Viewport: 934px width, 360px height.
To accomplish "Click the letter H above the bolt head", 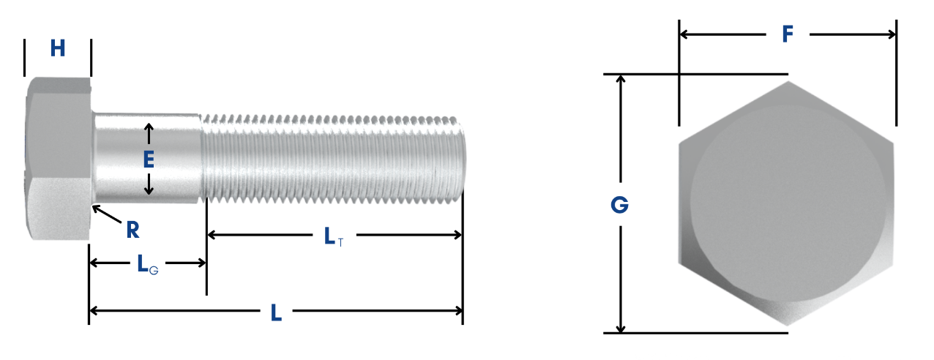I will (58, 49).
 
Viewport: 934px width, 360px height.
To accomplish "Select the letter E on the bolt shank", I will (149, 160).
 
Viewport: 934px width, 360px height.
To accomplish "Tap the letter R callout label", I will (132, 230).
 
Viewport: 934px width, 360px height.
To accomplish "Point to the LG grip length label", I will (147, 265).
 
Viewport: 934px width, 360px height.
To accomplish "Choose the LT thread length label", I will (333, 236).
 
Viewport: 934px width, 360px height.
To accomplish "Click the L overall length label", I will (276, 313).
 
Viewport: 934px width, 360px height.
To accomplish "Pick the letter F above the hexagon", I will (788, 34).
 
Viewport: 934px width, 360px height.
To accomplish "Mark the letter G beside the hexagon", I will (619, 206).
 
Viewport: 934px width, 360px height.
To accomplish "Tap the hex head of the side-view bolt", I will (59, 157).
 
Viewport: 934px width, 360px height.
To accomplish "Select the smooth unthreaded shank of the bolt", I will (176, 157).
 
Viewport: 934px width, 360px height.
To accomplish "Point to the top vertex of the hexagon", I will (788, 82).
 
